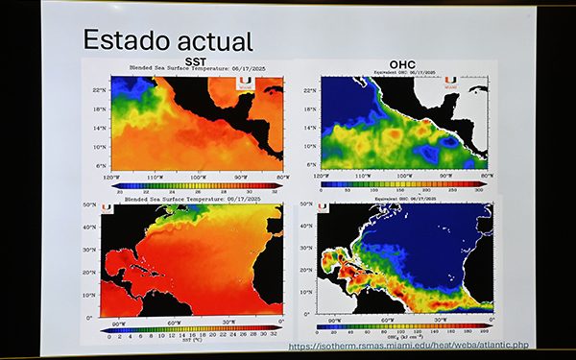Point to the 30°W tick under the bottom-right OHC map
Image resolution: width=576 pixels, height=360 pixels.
(x=442, y=320)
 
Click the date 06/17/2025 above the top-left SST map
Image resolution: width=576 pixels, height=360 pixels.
(x=236, y=69)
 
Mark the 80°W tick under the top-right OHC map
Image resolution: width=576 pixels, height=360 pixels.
(x=488, y=178)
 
